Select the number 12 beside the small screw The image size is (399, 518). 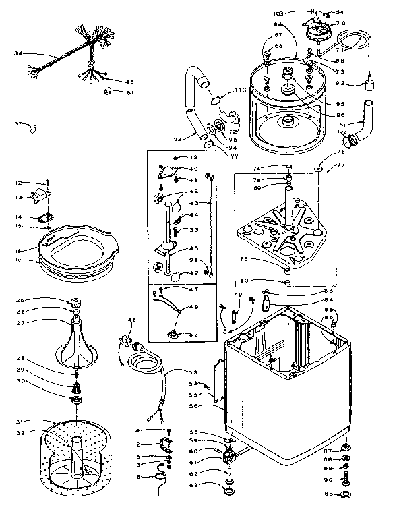pos(19,183)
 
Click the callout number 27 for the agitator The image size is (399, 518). pos(20,323)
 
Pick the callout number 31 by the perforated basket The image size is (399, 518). pos(20,422)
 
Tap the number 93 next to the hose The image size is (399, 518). pos(179,140)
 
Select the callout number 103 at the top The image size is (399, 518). pos(298,11)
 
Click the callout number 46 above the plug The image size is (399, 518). pos(131,320)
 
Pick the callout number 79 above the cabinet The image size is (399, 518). pos(237,295)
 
